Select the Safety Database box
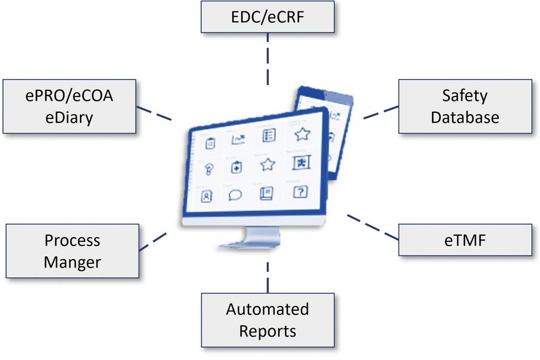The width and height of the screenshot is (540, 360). [x=465, y=106]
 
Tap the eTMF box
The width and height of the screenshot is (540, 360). [x=465, y=241]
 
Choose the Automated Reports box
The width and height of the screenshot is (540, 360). [x=268, y=320]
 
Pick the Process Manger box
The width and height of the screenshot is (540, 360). [x=73, y=251]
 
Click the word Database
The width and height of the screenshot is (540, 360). [x=465, y=117]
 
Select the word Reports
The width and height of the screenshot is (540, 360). [x=268, y=331]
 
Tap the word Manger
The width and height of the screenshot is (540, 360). [x=73, y=262]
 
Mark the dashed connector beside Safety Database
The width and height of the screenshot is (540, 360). [x=380, y=112]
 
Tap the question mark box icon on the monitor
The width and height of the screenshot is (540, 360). [x=299, y=192]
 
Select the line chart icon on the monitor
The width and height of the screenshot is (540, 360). [x=238, y=140]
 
